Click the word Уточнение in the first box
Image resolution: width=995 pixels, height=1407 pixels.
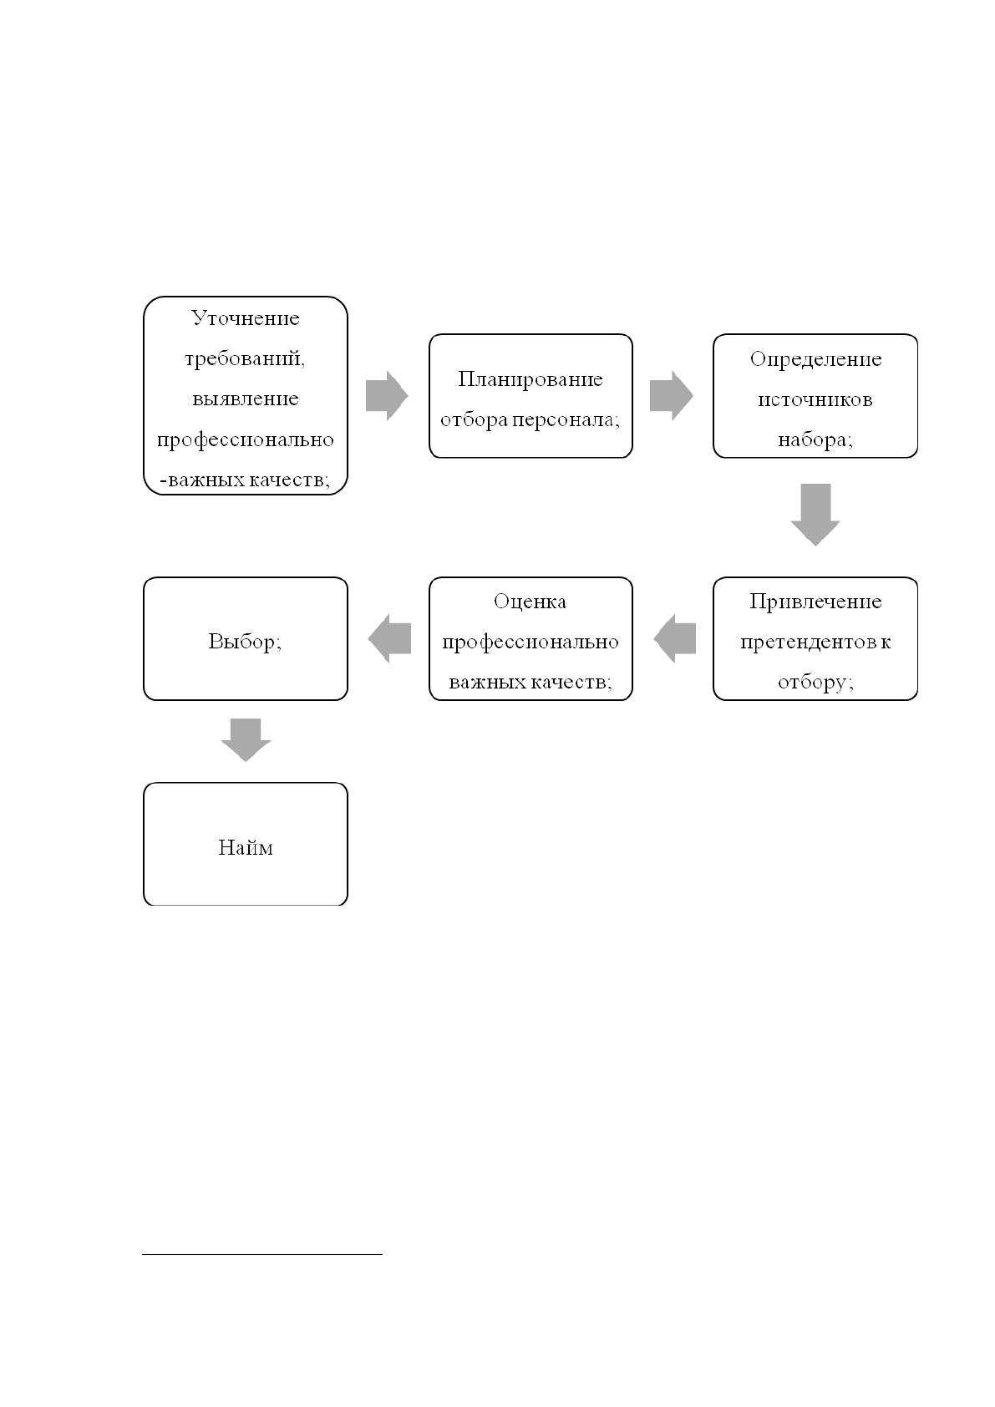(245, 318)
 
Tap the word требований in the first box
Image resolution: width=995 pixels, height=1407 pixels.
(243, 359)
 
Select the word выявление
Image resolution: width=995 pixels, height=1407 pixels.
(245, 399)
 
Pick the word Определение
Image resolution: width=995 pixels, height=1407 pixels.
(815, 360)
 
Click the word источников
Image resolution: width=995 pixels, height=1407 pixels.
(815, 400)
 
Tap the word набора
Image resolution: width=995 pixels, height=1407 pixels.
(813, 440)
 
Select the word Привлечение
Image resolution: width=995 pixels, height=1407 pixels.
(815, 602)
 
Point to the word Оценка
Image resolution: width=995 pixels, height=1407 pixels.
(530, 602)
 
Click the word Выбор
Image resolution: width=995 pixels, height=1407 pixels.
(241, 642)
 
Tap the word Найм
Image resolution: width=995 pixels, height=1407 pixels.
(245, 848)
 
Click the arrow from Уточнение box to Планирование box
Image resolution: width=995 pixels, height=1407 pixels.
(387, 396)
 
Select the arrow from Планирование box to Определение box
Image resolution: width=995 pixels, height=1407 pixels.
(671, 396)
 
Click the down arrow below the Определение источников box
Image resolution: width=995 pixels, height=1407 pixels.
(815, 515)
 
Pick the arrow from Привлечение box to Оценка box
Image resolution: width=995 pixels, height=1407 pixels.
(675, 639)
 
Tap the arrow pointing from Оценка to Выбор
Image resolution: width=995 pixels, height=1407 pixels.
(389, 639)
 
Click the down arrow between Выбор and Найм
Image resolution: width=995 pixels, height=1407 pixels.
(246, 740)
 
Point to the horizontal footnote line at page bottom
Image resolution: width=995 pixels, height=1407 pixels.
(262, 1254)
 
